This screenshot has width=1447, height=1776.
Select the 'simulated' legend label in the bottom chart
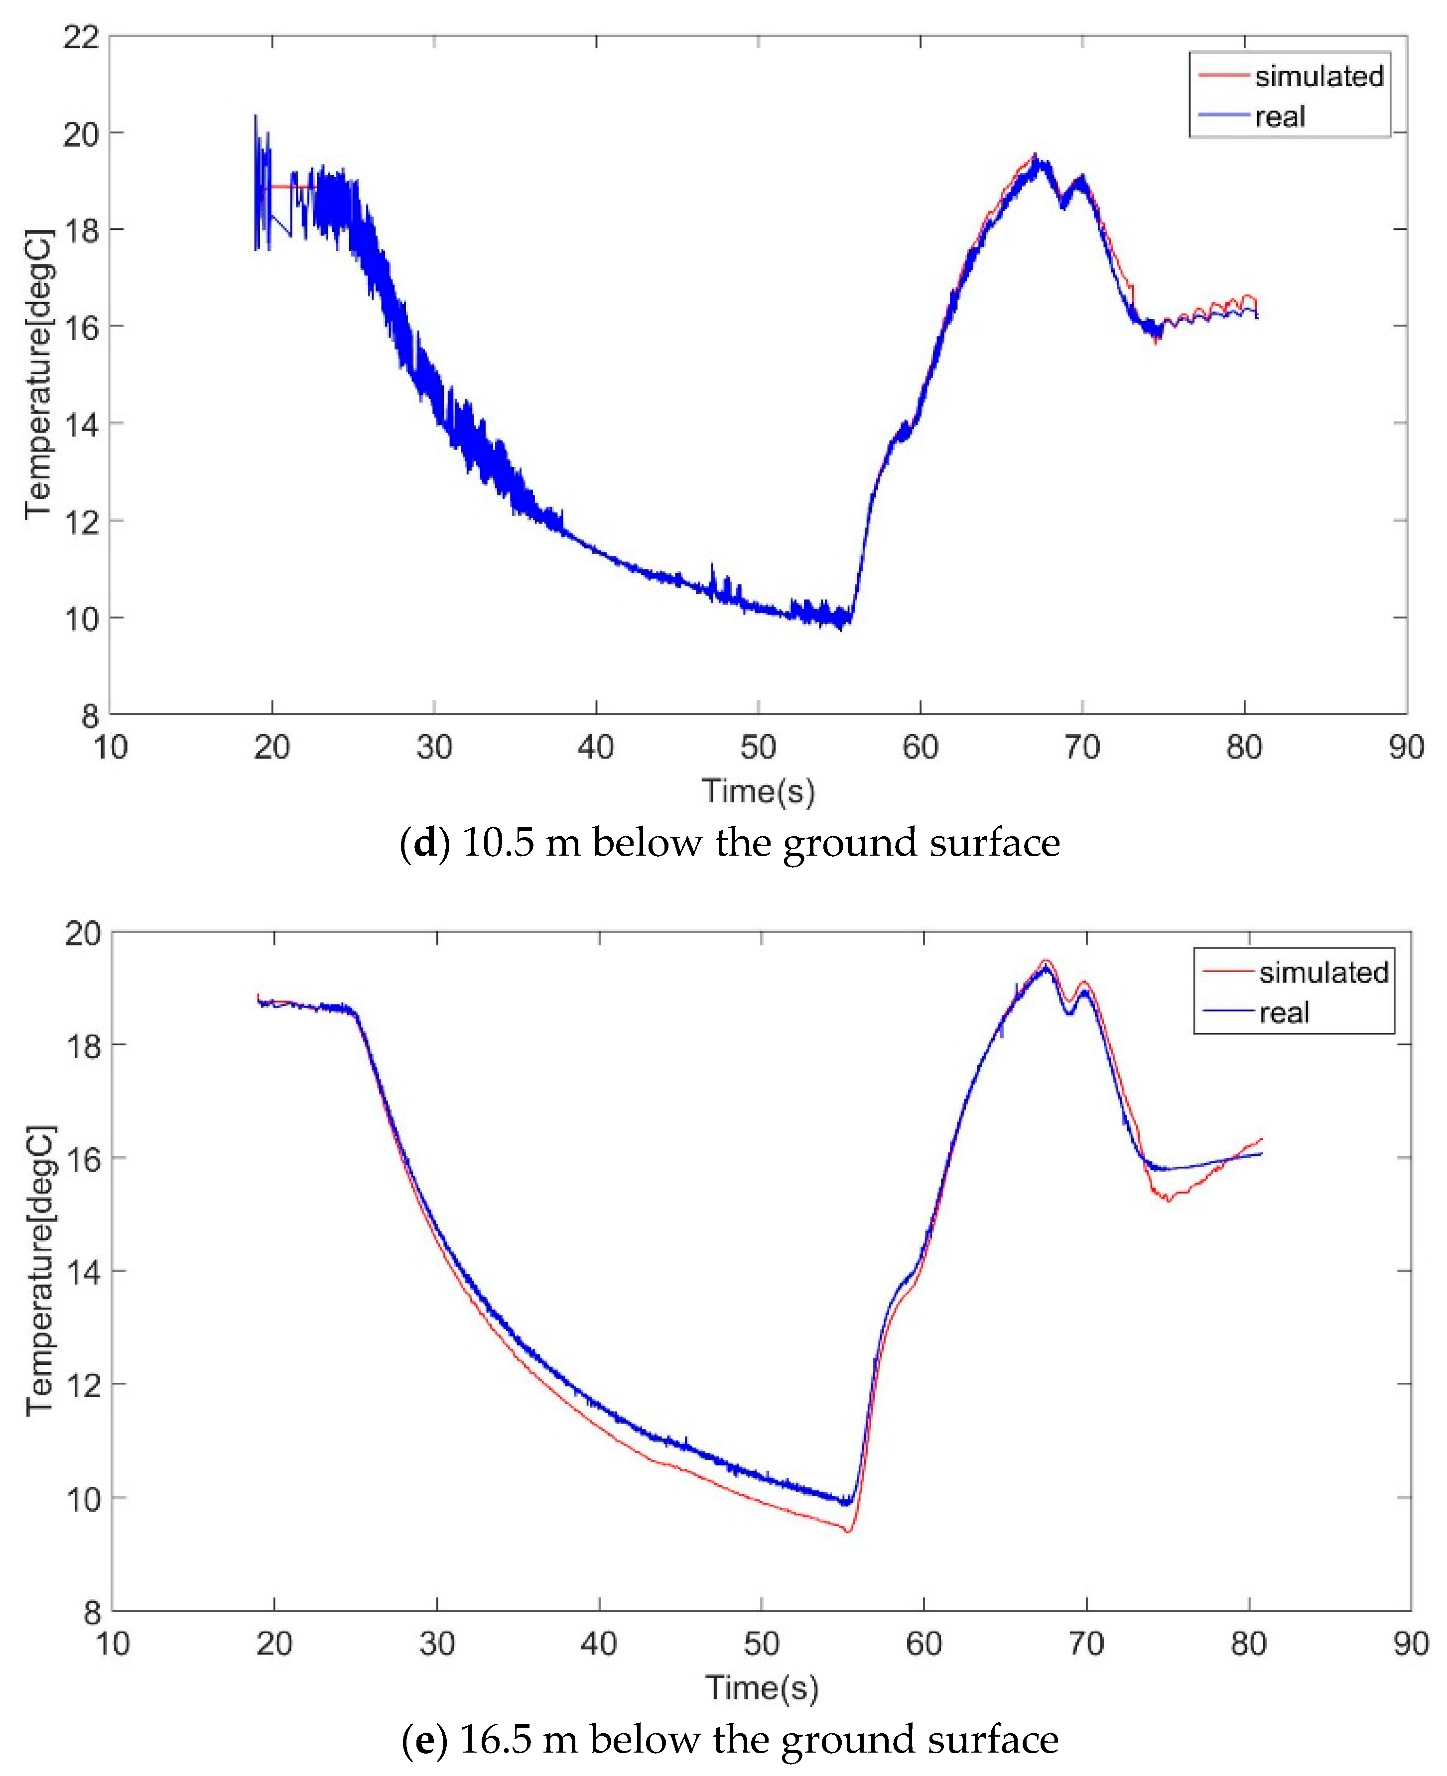[1323, 973]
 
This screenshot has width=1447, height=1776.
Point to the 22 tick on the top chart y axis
[81, 37]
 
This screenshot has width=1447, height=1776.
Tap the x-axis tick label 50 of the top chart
[758, 747]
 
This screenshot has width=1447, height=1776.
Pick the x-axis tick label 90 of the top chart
[1405, 747]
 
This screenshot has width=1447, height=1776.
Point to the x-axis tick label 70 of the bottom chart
[1085, 1644]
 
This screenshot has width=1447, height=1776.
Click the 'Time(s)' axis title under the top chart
[758, 790]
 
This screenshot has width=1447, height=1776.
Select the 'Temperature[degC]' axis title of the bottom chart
[40, 1270]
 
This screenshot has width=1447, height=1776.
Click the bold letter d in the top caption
[425, 844]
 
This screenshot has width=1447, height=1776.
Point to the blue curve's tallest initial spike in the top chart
[256, 116]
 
